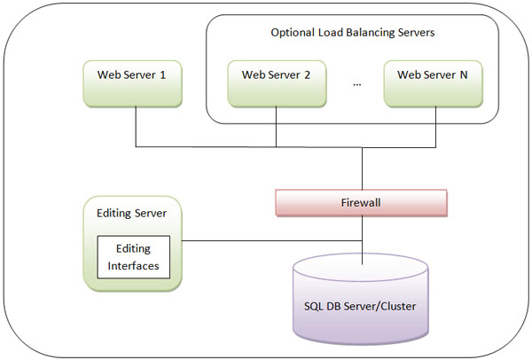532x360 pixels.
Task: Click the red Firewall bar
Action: point(362,202)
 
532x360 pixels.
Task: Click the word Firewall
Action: point(362,202)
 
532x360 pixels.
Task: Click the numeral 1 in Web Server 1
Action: point(163,74)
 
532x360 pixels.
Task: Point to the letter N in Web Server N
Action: point(463,74)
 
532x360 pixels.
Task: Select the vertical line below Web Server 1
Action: point(135,124)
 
